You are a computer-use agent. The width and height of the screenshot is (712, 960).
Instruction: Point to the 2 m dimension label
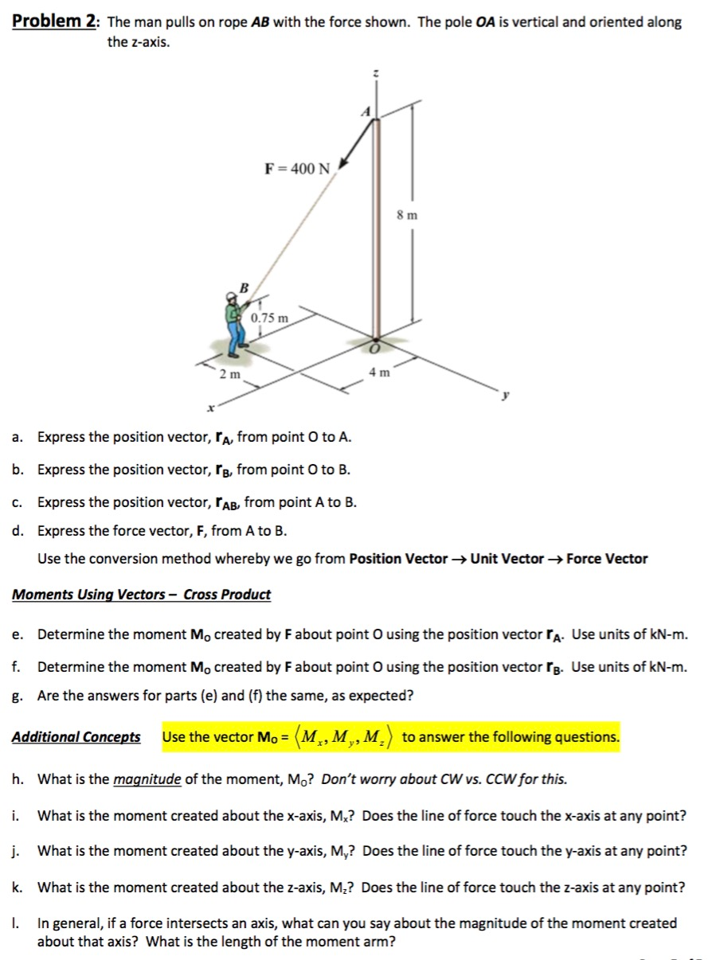(x=229, y=373)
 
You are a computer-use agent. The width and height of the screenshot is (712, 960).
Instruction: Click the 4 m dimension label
(x=378, y=372)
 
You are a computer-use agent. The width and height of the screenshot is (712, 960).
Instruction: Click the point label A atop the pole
(x=366, y=113)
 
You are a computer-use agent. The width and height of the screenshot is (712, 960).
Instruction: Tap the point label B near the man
(x=245, y=287)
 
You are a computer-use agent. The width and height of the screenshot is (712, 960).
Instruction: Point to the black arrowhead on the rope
(x=345, y=163)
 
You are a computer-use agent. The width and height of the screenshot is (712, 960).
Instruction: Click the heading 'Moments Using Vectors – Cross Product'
(x=142, y=595)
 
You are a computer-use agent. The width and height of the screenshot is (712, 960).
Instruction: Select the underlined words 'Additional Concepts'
(x=76, y=737)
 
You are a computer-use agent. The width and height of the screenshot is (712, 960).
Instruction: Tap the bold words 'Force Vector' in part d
(x=607, y=559)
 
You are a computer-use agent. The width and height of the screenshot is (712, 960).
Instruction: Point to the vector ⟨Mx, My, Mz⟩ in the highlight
(x=348, y=737)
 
